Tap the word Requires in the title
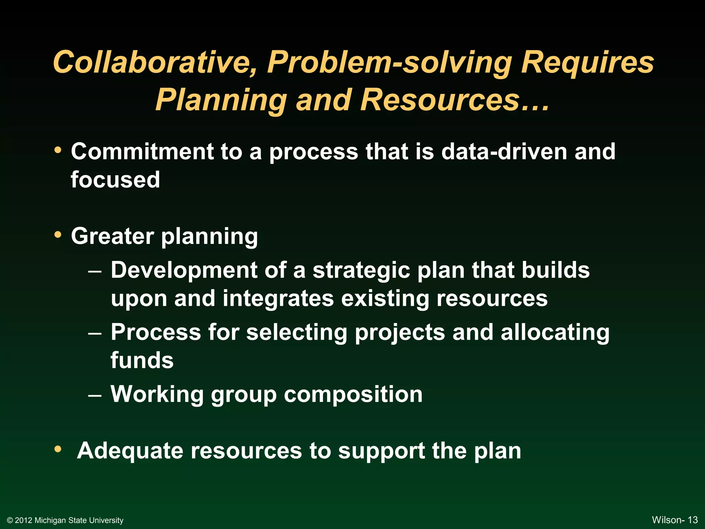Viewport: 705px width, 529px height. [x=587, y=62]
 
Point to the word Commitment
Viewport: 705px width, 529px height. [x=142, y=152]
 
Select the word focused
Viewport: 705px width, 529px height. [x=115, y=180]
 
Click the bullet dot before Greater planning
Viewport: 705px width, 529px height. [x=58, y=235]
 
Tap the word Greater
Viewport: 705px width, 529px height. [x=112, y=236]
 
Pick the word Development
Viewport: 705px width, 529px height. [x=184, y=270]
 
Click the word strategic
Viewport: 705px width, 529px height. [x=361, y=270]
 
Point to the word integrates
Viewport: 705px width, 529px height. [x=278, y=298]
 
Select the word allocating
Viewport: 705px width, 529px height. [x=555, y=332]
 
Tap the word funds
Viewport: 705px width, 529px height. [x=142, y=360]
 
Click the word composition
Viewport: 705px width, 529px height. [x=353, y=394]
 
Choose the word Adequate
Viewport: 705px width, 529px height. [x=130, y=451]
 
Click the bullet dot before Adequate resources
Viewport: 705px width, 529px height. [x=58, y=449]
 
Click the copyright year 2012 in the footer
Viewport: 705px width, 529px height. [x=23, y=520]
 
